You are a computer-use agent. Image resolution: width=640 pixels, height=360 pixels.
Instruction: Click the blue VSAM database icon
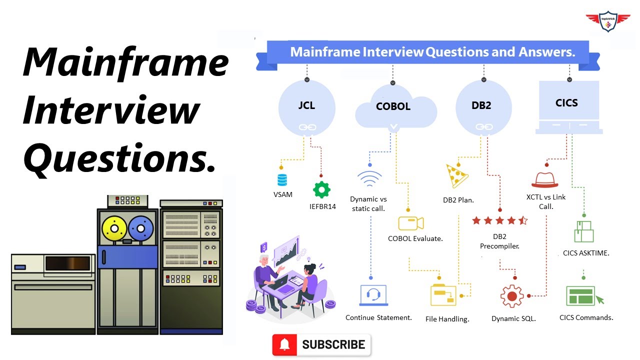coord(282,180)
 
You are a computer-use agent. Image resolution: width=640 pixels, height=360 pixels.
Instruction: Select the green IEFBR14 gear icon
coord(321,190)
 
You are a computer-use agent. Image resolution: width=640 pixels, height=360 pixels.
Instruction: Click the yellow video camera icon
coord(411,222)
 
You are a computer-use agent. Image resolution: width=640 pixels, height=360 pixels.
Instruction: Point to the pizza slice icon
coord(456,175)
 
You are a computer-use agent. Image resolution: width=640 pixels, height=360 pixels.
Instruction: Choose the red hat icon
coord(544,179)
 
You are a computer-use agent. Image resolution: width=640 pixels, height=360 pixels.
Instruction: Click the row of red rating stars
coord(499,220)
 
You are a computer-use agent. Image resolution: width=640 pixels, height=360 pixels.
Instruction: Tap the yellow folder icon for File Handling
coord(444,295)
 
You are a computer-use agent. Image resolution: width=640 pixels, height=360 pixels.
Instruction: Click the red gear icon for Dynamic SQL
coord(512,296)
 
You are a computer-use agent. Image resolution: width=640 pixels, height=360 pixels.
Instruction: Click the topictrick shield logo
coord(608,21)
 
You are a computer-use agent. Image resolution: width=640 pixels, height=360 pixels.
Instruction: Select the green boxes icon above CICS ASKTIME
coord(584,232)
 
